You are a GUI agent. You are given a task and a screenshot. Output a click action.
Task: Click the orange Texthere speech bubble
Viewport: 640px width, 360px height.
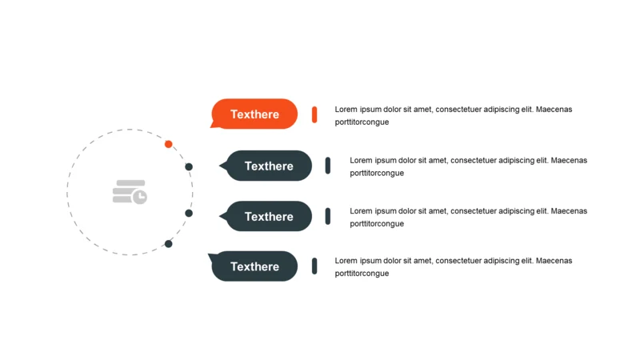click(x=254, y=114)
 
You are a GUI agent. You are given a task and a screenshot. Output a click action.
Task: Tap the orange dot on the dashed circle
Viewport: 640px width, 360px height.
click(x=168, y=144)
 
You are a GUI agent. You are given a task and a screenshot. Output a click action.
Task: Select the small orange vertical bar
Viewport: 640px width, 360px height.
click(x=314, y=114)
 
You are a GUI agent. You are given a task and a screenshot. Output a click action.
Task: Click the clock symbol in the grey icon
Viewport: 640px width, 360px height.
click(x=140, y=197)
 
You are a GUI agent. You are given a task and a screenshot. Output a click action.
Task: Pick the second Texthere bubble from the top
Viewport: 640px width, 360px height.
click(x=269, y=166)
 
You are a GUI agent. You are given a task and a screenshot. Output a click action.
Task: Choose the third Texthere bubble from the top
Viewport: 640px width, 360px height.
click(x=269, y=216)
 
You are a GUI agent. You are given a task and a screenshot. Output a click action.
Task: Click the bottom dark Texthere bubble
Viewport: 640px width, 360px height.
click(x=254, y=266)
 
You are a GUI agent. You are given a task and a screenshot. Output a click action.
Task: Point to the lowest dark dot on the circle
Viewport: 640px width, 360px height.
click(x=168, y=243)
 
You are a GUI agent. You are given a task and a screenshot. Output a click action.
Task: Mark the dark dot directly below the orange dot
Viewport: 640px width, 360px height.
click(x=189, y=167)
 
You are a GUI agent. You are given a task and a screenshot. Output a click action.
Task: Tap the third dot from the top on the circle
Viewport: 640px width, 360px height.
click(x=189, y=213)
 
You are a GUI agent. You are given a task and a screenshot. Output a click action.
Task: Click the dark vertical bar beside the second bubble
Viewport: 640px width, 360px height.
click(x=328, y=166)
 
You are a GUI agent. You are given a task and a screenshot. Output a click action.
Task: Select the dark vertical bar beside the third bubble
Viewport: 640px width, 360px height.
click(x=328, y=216)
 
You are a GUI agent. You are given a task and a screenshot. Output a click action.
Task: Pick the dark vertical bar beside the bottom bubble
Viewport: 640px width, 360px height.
click(x=314, y=266)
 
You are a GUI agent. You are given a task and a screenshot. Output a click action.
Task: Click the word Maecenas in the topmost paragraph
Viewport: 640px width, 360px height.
click(x=554, y=110)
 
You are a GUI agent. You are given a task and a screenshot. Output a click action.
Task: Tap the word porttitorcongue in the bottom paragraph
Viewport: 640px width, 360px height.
click(x=362, y=274)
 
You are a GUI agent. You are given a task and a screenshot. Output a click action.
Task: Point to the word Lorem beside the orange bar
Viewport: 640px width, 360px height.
click(x=346, y=110)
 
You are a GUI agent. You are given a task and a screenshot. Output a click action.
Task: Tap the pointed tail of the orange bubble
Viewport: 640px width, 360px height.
click(x=214, y=125)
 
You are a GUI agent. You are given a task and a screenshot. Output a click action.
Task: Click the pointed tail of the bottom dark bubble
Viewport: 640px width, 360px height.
click(x=210, y=257)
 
